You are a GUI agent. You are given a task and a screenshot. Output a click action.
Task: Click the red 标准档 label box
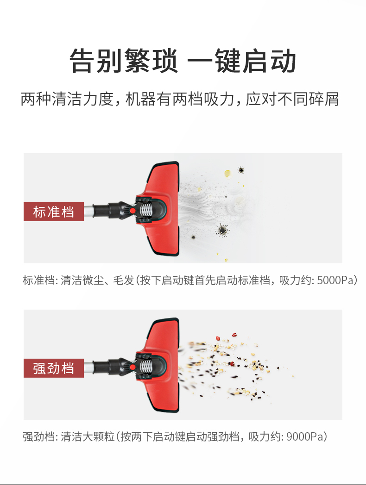pyautogui.click(x=54, y=211)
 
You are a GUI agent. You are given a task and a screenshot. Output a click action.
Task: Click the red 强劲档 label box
pyautogui.click(x=54, y=368)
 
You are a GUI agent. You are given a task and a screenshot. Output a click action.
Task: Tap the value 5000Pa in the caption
pyautogui.click(x=335, y=280)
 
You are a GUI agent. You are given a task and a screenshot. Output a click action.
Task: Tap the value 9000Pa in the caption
pyautogui.click(x=304, y=437)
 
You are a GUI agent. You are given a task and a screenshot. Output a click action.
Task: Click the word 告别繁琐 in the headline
pyautogui.click(x=124, y=61)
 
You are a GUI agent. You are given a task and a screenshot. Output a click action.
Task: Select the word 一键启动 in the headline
pyautogui.click(x=242, y=61)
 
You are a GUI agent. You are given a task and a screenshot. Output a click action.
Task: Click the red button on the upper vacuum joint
pyautogui.click(x=133, y=211)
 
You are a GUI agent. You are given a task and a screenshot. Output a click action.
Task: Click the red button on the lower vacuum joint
pyautogui.click(x=133, y=367)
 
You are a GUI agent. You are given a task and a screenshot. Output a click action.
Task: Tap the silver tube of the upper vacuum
pyautogui.click(x=88, y=211)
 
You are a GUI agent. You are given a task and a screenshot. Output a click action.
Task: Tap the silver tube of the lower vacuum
pyautogui.click(x=88, y=367)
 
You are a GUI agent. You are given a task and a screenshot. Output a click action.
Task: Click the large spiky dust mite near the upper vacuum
pyautogui.click(x=222, y=230)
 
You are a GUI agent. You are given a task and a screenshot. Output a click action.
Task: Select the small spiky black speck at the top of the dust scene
pyautogui.click(x=241, y=170)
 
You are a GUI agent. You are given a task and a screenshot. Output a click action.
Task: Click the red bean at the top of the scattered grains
pyautogui.click(x=234, y=335)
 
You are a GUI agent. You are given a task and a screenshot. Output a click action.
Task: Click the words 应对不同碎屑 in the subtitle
pyautogui.click(x=293, y=99)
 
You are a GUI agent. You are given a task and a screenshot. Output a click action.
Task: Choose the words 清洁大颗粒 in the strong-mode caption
pyautogui.click(x=88, y=437)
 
